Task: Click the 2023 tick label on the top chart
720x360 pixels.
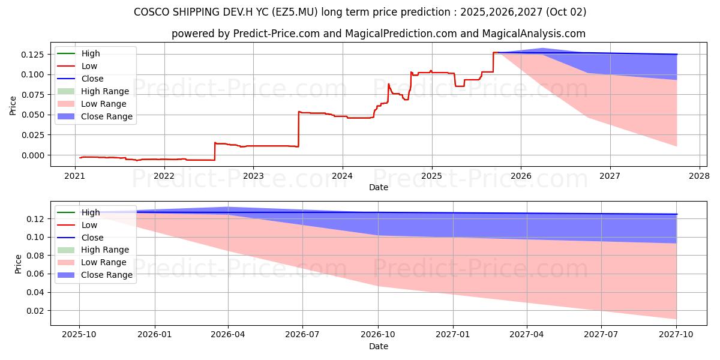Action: tap(253, 176)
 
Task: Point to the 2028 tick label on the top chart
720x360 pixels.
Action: tap(700, 176)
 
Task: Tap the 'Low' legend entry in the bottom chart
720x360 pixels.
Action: tap(89, 225)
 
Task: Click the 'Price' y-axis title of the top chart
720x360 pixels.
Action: tap(13, 106)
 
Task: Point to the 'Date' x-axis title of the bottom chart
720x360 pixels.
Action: tap(378, 346)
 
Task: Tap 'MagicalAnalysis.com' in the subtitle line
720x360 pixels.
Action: tap(538, 34)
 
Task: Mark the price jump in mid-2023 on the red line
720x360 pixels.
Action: tap(298, 128)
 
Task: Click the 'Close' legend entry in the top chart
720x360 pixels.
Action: tap(92, 79)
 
